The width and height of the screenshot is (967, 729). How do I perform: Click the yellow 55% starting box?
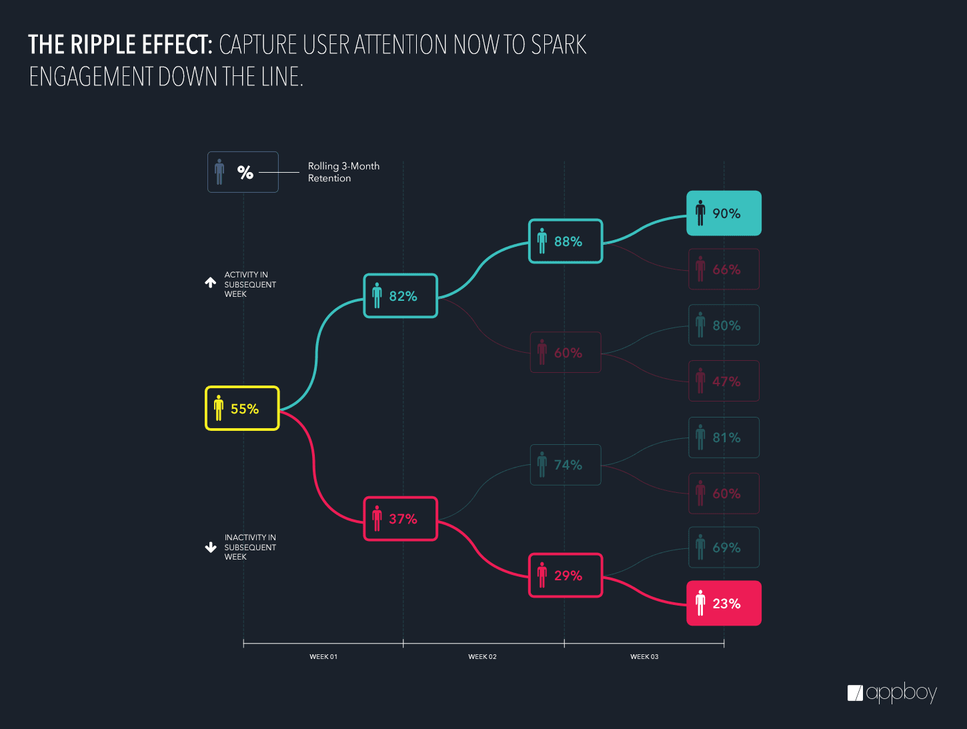coord(242,408)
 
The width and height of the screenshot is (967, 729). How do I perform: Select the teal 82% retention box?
coord(400,295)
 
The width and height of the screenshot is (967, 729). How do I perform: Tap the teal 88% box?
coord(566,241)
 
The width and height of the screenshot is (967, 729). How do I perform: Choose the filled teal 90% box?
coord(724,213)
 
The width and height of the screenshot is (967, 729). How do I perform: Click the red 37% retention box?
coord(400,518)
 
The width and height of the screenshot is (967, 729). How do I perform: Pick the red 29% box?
coord(566,575)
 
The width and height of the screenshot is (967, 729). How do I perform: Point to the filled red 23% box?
coord(724,603)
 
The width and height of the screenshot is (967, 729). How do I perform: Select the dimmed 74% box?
coord(566,465)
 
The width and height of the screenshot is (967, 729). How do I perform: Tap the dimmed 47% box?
coord(724,381)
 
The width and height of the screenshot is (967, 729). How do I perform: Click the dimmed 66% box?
coord(724,269)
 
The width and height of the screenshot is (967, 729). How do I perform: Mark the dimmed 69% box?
coord(724,548)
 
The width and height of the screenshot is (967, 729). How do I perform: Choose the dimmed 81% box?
coord(724,438)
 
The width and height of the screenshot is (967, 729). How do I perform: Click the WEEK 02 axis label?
coord(482,657)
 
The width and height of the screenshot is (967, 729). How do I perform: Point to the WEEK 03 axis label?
coord(644,657)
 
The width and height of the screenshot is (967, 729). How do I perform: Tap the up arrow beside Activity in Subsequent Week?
coord(211,283)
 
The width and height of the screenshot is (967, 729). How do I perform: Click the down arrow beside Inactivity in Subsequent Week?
coord(211,548)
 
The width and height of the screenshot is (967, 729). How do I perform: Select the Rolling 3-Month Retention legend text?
coord(343,172)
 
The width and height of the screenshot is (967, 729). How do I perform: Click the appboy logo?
coord(892,693)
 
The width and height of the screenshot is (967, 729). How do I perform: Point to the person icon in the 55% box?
coord(219,408)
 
